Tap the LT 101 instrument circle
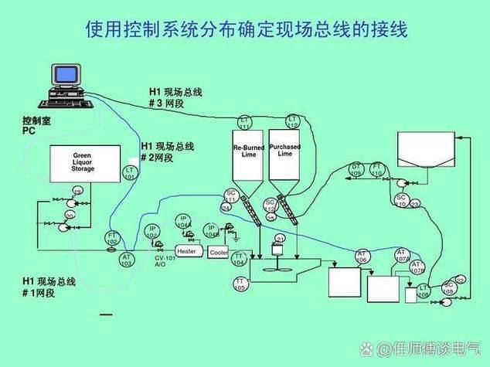click(x=130, y=173)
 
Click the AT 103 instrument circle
click(x=126, y=260)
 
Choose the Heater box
click(x=187, y=251)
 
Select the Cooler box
click(x=219, y=252)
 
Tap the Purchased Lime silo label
click(x=285, y=150)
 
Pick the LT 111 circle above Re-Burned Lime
click(x=245, y=122)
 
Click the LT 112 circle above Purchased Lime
click(x=293, y=121)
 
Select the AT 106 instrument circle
click(x=362, y=257)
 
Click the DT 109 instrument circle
click(x=356, y=169)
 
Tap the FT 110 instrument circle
click(x=376, y=169)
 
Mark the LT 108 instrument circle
click(x=424, y=291)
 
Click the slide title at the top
click(x=246, y=30)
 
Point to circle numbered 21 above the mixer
click(x=280, y=240)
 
